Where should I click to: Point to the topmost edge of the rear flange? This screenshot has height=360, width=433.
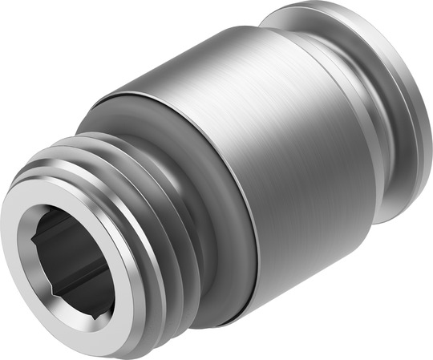click(x=321, y=6)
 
